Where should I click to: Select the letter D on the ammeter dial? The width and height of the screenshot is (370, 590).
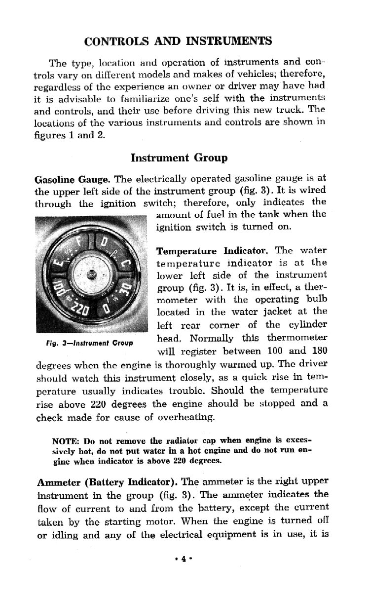pyautogui.click(x=104, y=243)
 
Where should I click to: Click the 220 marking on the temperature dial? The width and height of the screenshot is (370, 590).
pyautogui.click(x=78, y=310)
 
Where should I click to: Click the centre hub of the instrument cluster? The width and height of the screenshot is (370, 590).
pyautogui.click(x=91, y=275)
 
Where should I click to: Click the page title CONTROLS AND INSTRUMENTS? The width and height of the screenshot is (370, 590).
pyautogui.click(x=179, y=41)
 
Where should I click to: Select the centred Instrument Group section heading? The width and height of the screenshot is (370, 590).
pyautogui.click(x=179, y=158)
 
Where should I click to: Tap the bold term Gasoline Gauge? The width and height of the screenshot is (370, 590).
pyautogui.click(x=62, y=179)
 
